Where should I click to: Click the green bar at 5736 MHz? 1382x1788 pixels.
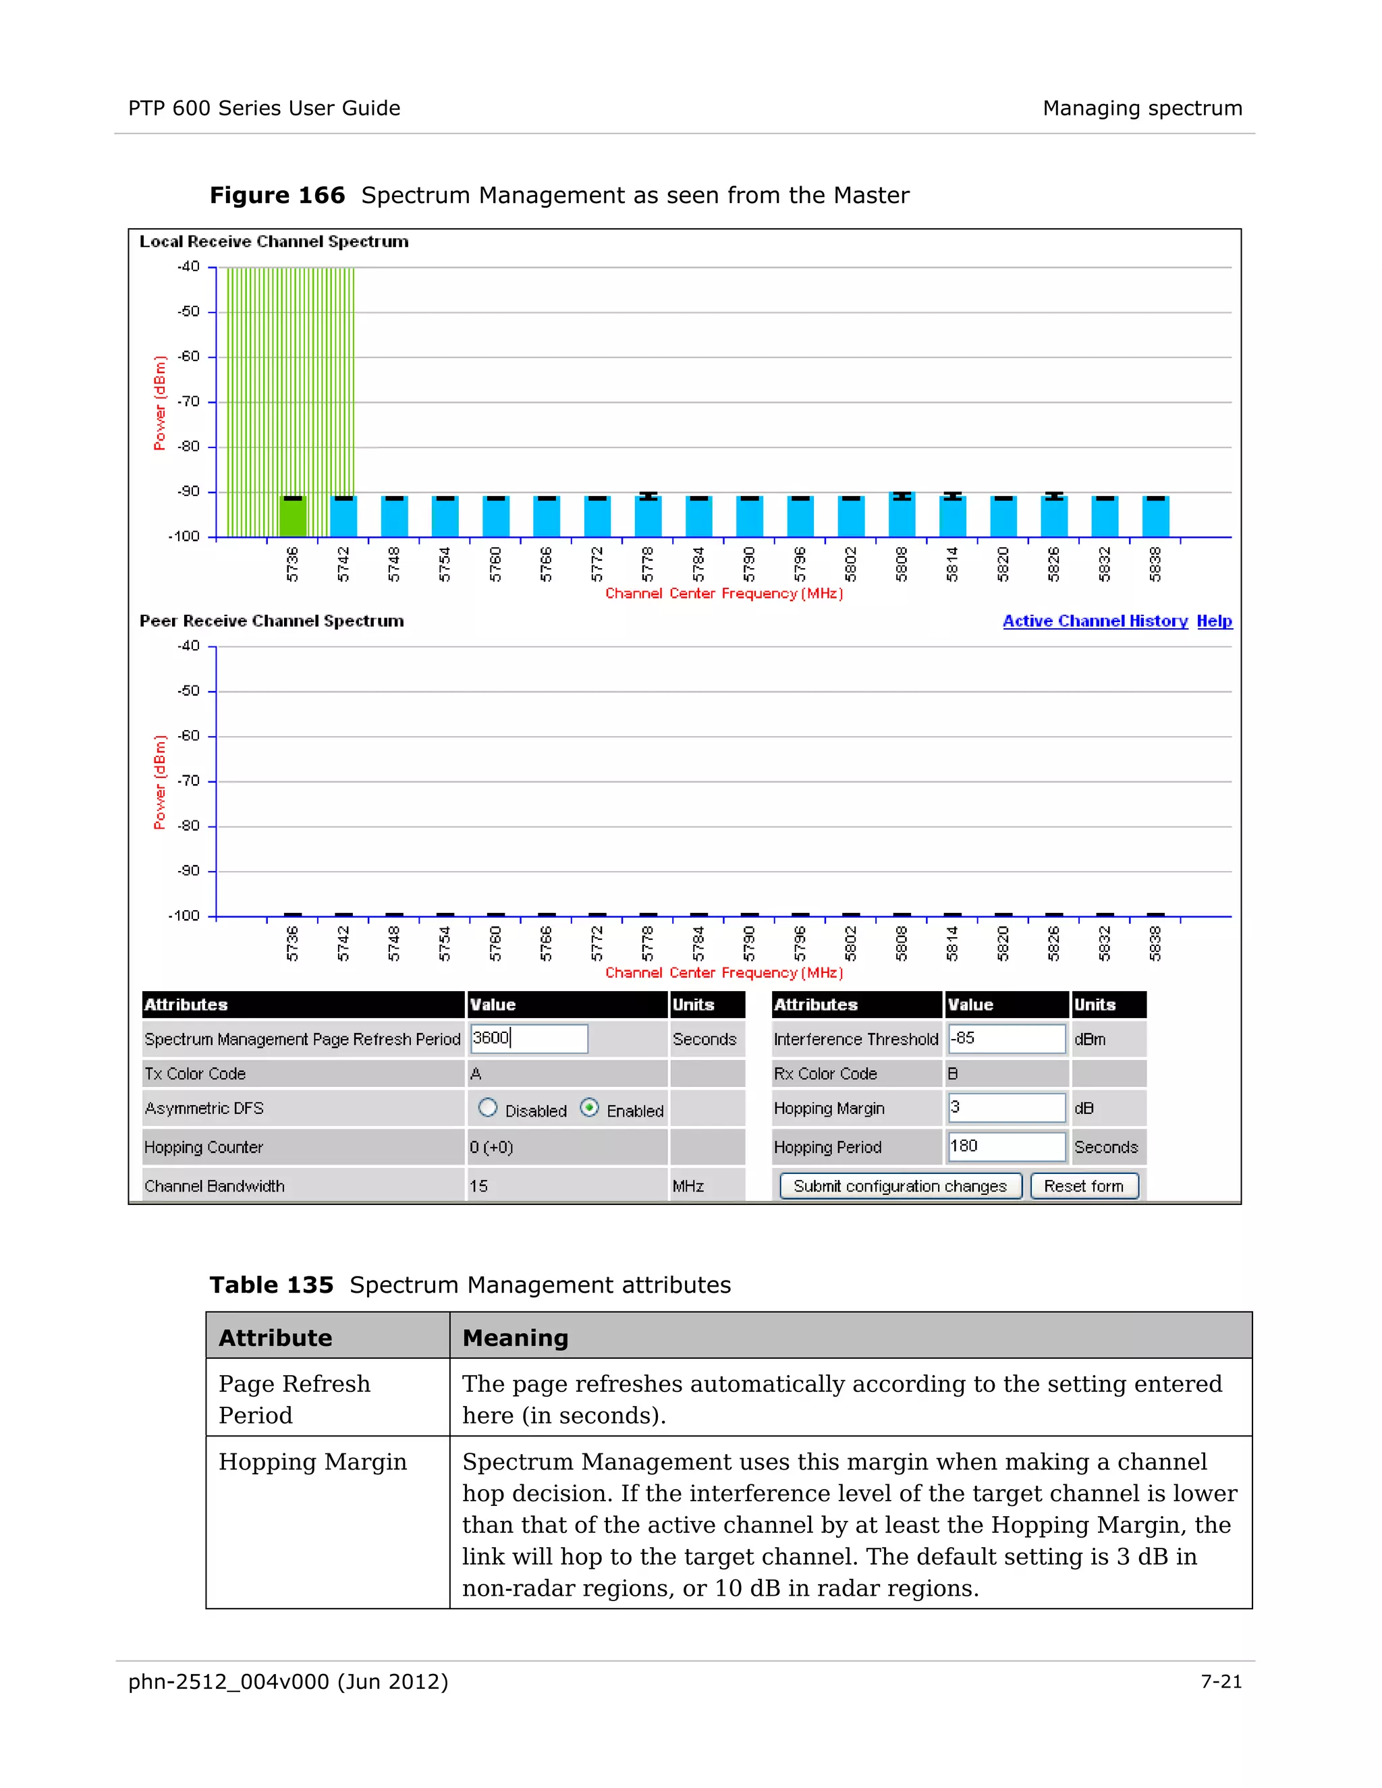pos(292,518)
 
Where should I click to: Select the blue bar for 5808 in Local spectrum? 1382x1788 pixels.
pos(902,515)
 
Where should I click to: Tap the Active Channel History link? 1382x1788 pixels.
pos(1095,621)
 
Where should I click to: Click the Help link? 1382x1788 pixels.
pos(1213,621)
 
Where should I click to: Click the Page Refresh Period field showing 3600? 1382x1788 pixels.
pos(529,1038)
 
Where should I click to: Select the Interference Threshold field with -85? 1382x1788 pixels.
pos(1006,1038)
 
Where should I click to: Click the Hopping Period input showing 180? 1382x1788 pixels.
pos(1006,1146)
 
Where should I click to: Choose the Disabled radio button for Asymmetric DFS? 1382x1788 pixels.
pos(488,1108)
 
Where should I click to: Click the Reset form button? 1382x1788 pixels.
pos(1084,1186)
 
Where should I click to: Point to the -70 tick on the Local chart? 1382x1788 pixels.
pos(189,402)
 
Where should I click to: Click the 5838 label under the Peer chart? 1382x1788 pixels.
pos(1155,944)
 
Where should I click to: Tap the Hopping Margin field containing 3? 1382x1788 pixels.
pos(1006,1108)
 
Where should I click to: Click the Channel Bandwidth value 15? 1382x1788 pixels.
pos(479,1186)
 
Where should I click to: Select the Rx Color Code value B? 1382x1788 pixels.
pos(953,1073)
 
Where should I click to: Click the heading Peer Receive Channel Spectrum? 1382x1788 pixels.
pos(272,621)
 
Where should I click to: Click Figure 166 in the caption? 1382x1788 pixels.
pos(277,196)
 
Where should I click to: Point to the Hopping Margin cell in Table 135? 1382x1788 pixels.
pos(312,1462)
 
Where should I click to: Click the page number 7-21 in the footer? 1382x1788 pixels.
pos(1221,1681)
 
